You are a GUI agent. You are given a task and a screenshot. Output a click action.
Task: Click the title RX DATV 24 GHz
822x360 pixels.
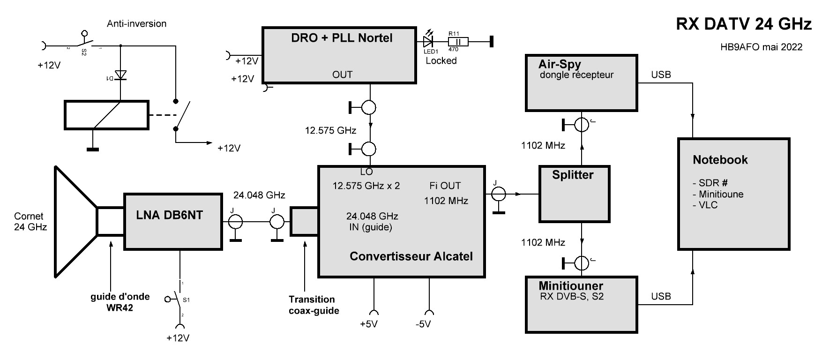coord(743,24)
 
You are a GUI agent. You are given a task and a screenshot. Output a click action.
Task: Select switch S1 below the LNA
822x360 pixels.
coord(177,298)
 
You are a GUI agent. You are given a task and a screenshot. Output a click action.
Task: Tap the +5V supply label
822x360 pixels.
coord(368,324)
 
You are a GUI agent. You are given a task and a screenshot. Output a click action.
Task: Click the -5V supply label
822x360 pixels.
coord(423,324)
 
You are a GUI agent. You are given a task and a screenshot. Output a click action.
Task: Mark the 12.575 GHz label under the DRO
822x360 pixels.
coord(330,130)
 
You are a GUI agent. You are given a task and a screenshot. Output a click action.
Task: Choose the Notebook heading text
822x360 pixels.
coord(720,160)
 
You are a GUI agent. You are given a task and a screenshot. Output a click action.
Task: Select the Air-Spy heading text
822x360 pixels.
coord(560,64)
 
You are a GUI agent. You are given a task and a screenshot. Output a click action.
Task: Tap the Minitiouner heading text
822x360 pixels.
coord(570,285)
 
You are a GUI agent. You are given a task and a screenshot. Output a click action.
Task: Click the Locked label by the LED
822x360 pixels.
coord(441,60)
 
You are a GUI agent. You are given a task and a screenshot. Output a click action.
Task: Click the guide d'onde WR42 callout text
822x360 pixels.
coord(120,302)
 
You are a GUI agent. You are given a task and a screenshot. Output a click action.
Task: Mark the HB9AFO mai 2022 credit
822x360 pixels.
coord(762,47)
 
